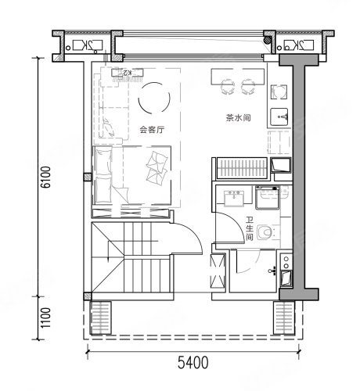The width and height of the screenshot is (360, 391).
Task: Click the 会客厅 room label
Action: pos(152,130)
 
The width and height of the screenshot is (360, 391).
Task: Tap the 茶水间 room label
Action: pos(238,117)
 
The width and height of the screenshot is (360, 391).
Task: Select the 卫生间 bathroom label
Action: pos(250,229)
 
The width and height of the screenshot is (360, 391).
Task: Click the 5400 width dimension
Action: pos(193,363)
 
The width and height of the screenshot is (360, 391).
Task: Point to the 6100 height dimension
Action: pos(46,177)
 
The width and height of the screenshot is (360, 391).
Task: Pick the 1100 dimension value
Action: pos(46,318)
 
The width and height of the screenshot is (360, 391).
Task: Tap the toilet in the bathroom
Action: pos(265,232)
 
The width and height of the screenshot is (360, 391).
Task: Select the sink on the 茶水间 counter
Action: pos(279,117)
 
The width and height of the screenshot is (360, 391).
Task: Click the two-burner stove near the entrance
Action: pos(286,262)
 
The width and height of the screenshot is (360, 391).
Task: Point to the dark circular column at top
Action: pos(267,40)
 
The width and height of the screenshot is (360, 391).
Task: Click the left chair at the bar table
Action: pos(228,87)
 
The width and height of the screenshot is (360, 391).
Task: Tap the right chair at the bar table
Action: pos(248,87)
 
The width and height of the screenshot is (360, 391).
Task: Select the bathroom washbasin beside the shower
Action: pos(234,199)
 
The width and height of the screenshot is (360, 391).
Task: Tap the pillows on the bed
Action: pos(157,168)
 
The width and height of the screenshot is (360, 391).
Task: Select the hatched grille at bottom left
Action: pos(100,317)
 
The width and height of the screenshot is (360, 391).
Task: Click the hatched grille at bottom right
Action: pos(284,317)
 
